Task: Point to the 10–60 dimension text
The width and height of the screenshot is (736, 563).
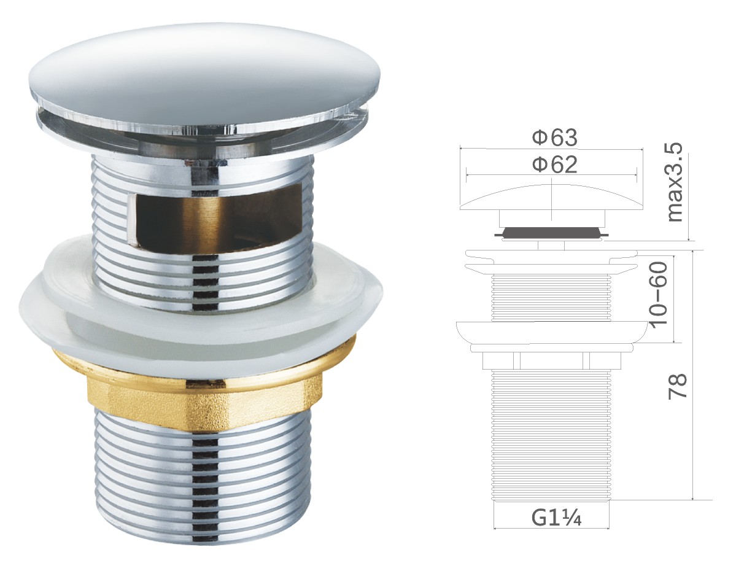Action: pos(659,293)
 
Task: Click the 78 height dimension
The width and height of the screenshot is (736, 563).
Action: pos(677,386)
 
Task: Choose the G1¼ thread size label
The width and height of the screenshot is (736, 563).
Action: pos(557,518)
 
